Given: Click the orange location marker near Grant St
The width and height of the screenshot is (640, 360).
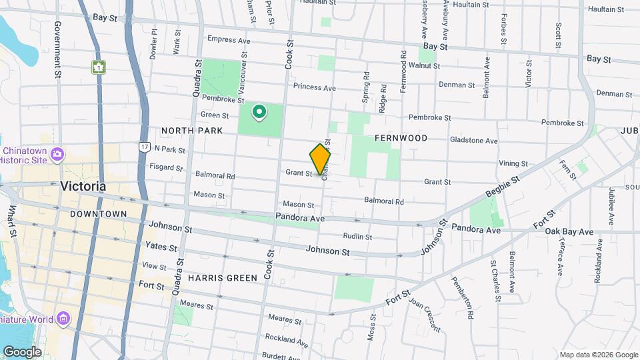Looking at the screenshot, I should [320, 159].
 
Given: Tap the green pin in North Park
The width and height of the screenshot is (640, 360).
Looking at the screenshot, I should [259, 112].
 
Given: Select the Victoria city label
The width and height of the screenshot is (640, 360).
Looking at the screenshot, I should [83, 186].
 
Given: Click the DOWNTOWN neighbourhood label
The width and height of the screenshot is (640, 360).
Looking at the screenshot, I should [98, 214].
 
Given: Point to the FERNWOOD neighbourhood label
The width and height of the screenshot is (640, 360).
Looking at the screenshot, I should [401, 138].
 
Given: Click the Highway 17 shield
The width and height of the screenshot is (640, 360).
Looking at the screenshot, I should [144, 145].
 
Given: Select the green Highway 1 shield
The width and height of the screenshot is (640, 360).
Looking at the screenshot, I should [99, 67].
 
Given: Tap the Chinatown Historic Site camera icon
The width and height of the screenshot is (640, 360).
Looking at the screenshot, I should [57, 154].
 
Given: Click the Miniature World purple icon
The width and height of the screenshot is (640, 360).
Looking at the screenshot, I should [63, 318].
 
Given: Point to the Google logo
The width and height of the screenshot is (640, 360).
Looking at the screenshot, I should [23, 351].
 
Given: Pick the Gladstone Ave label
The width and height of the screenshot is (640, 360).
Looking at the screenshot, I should [474, 141].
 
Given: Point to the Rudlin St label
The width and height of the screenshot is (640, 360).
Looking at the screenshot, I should [356, 236].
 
